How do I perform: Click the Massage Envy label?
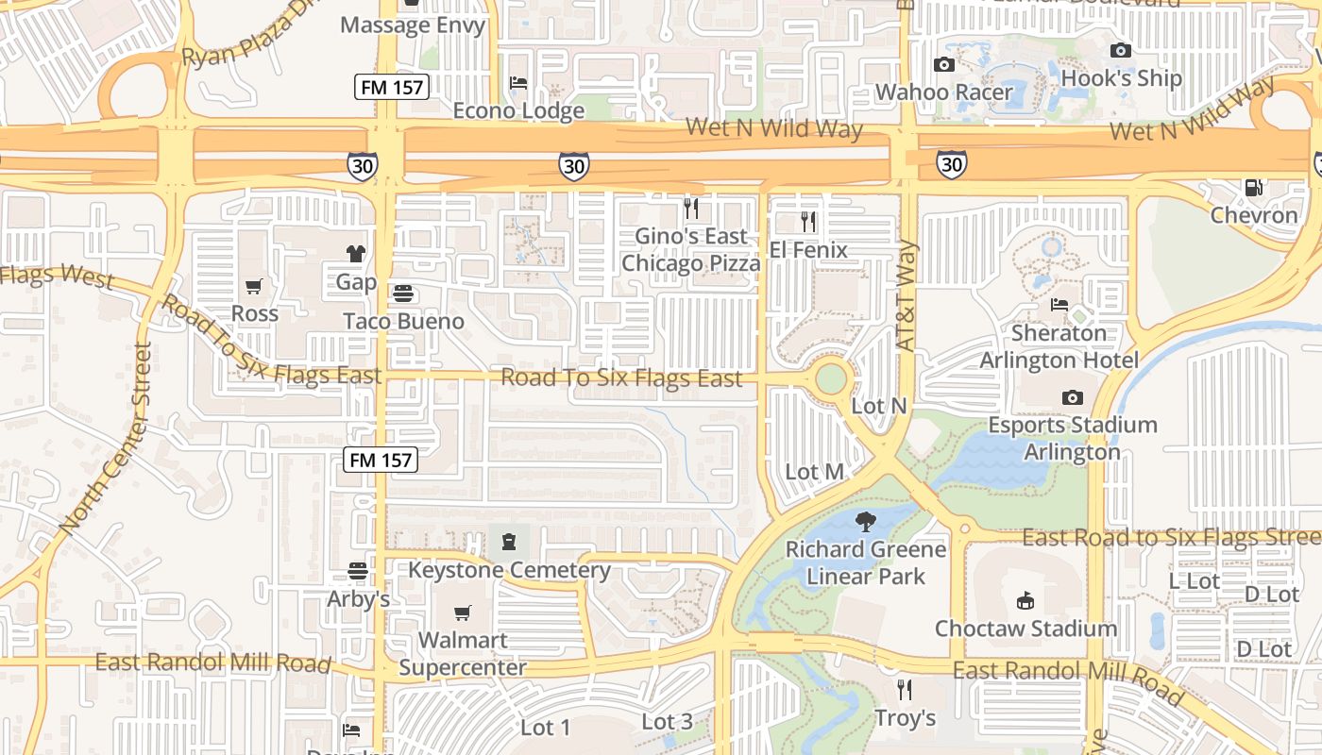pos(413,25)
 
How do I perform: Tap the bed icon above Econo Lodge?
pos(518,83)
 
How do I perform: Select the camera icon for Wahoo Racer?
pos(943,64)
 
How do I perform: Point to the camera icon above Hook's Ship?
pos(1121,50)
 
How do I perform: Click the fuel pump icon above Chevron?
pos(1254,188)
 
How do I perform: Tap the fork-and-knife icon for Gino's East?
pos(691,209)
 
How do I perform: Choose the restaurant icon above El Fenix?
pos(808,222)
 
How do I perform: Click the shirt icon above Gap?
pos(356,253)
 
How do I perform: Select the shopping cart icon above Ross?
pos(254,286)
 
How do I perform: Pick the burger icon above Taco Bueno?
pos(403,294)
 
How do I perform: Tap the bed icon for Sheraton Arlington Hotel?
pos(1059,305)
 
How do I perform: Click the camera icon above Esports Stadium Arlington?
pos(1072,397)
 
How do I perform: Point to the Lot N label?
pos(878,406)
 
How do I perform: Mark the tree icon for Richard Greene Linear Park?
pos(865,521)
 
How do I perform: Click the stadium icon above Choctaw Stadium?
pos(1025,600)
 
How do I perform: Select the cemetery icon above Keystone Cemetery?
pos(509,542)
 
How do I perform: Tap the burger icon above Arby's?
pos(358,571)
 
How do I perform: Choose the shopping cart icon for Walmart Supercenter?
pos(462,613)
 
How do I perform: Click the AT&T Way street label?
pos(907,296)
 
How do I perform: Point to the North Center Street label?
pos(104,439)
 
